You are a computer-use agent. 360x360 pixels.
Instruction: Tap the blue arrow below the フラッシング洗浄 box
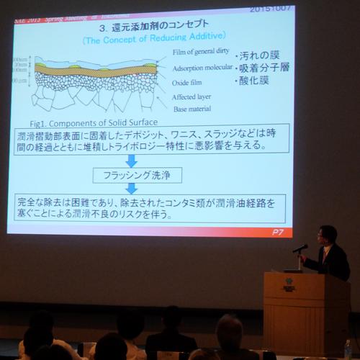tap(132, 187)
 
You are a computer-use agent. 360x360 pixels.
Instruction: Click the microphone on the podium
tap(300, 248)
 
